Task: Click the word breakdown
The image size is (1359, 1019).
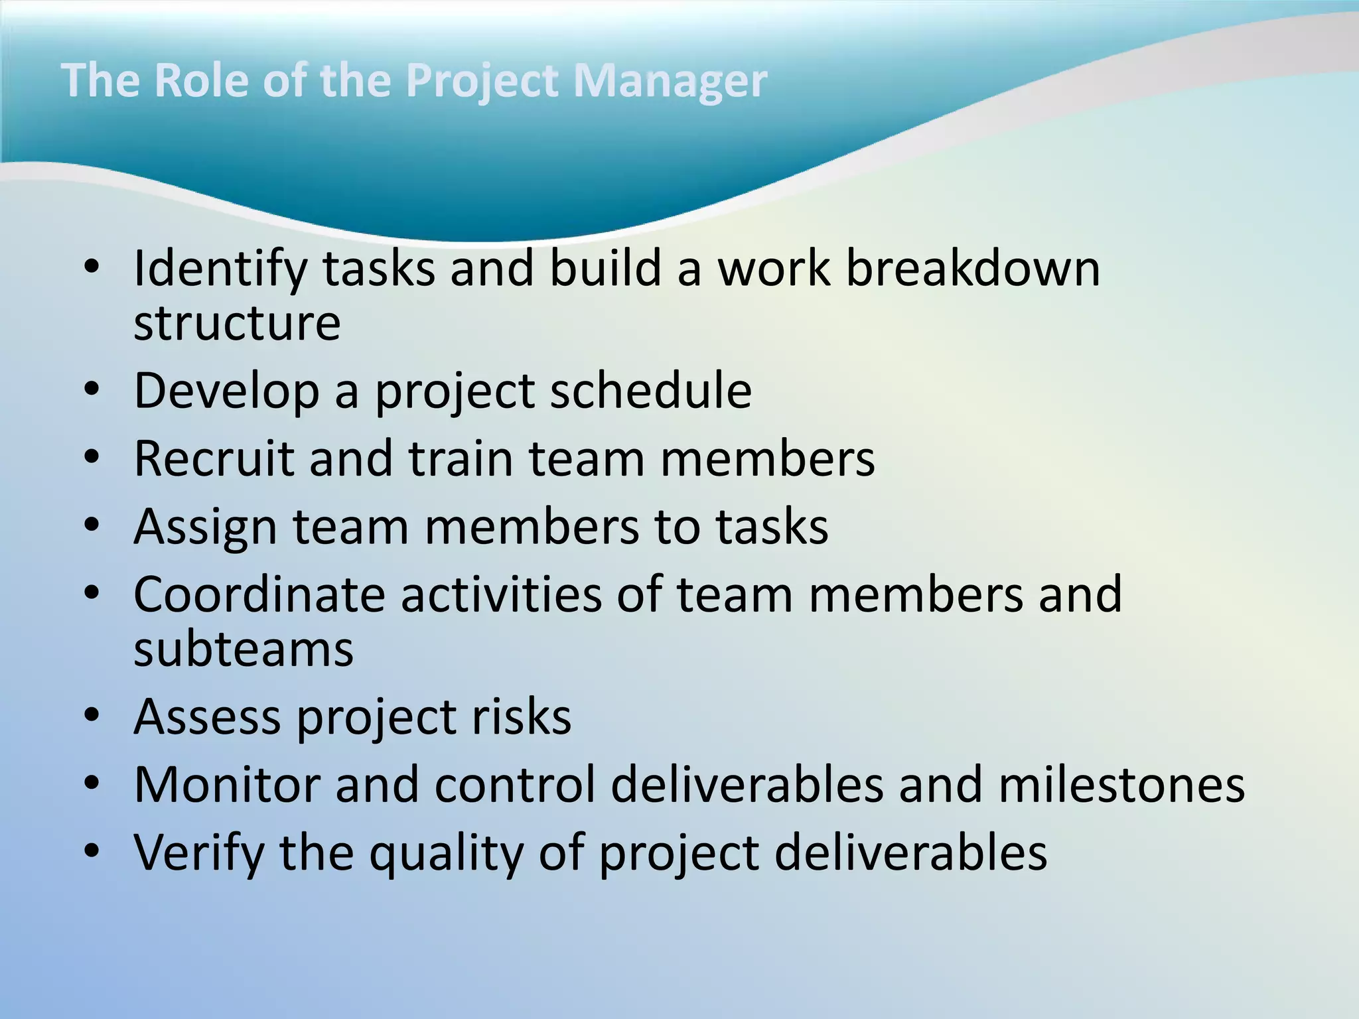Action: [973, 269]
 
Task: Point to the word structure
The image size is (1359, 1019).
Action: [237, 324]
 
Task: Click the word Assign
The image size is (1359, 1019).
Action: [205, 527]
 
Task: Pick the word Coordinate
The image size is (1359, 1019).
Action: [259, 594]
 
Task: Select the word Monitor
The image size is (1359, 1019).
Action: [226, 785]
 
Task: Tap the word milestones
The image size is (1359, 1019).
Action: [1121, 785]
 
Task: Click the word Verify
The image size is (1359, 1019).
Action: [198, 853]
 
